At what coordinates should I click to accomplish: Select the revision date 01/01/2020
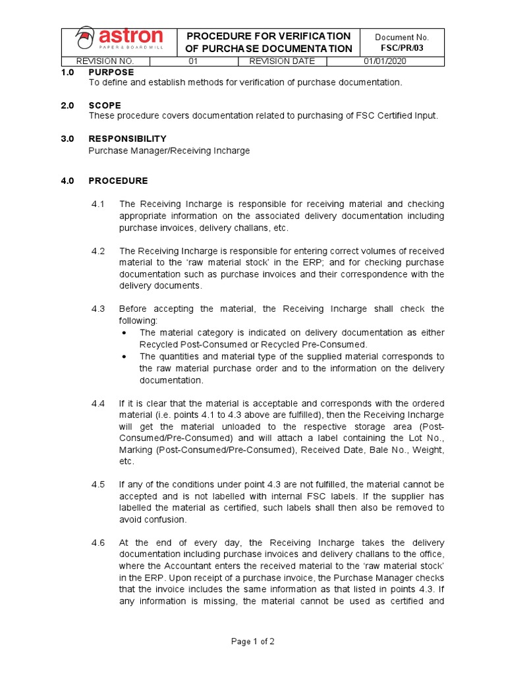[x=385, y=61]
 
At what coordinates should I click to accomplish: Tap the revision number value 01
[x=194, y=61]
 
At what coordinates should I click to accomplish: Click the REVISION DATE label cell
[x=282, y=61]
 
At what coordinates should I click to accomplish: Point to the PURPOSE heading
[x=111, y=72]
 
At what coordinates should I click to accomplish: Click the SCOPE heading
[x=105, y=105]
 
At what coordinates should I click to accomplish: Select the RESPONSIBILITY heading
[x=127, y=138]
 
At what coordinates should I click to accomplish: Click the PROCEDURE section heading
[x=119, y=181]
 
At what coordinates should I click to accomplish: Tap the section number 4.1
[x=98, y=204]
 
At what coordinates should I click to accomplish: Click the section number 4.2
[x=98, y=251]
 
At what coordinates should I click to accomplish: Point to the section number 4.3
[x=98, y=308]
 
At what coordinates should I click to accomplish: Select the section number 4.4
[x=98, y=403]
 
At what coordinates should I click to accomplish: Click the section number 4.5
[x=98, y=484]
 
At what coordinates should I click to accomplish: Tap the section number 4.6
[x=98, y=542]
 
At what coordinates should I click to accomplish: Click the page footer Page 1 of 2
[x=252, y=641]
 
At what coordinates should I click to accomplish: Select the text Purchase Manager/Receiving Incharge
[x=169, y=150]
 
